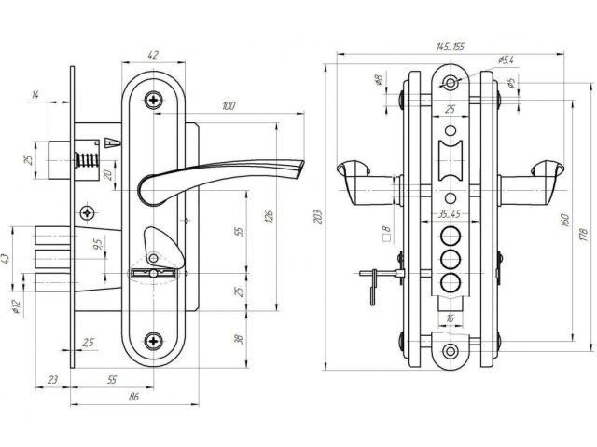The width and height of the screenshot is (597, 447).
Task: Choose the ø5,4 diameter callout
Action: coord(507,60)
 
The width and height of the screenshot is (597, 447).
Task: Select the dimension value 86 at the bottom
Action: coord(132,398)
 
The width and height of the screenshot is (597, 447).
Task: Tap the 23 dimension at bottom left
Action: coord(52,381)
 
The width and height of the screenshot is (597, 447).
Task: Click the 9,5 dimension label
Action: coord(98,247)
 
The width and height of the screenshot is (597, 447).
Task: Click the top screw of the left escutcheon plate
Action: coord(152,96)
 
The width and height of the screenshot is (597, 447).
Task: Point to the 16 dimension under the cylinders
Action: coord(451,318)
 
